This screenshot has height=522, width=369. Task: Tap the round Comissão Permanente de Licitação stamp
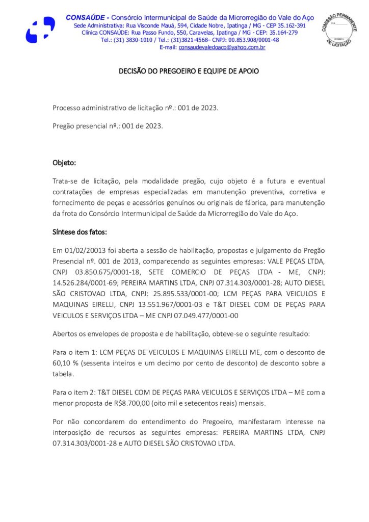point(338,30)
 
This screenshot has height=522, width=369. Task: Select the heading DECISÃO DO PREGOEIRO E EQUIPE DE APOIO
point(189,71)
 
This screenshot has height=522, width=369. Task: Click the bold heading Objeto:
point(64,163)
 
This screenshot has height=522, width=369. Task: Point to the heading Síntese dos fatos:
point(80,232)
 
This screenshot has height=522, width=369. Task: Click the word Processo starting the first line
point(67,108)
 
